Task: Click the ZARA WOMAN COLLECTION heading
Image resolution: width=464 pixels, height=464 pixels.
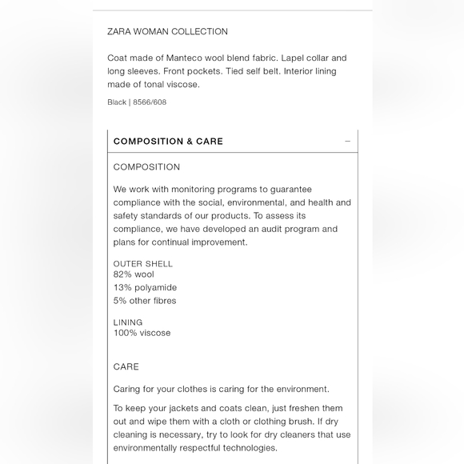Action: (167, 32)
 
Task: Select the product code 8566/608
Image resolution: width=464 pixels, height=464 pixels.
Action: (150, 102)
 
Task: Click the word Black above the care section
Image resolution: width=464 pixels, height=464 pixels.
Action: (117, 102)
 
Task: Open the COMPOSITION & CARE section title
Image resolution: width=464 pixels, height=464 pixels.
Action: (168, 142)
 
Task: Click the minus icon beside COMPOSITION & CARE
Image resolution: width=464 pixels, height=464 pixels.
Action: (347, 142)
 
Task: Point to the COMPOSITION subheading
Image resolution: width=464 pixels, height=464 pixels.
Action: (146, 167)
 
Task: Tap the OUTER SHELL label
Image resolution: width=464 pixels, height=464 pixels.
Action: (142, 264)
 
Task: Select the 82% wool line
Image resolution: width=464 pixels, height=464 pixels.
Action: (134, 274)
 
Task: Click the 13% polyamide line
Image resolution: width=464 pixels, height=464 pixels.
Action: (145, 288)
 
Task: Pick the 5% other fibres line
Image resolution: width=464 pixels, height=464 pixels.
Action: (145, 301)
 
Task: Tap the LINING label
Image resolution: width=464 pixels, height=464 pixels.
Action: (128, 322)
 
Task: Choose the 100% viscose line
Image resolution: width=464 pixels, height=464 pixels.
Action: (142, 333)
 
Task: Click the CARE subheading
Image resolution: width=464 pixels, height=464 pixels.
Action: (126, 367)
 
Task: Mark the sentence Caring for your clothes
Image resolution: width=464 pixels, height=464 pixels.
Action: (221, 390)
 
